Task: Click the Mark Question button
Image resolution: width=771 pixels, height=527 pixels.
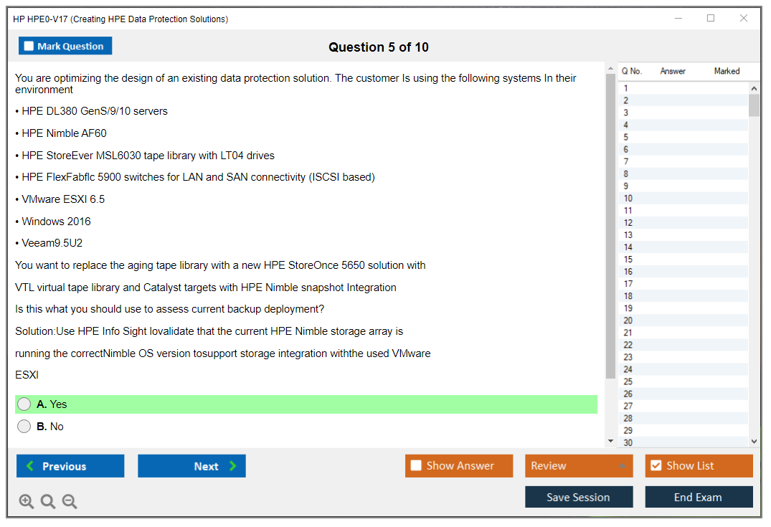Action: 65,46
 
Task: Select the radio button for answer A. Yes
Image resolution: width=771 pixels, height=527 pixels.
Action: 24,404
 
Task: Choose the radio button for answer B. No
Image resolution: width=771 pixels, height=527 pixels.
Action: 24,426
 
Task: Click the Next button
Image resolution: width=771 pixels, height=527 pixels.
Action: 191,465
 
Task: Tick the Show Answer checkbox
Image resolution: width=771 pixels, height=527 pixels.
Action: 416,465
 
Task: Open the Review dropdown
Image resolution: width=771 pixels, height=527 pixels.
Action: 579,465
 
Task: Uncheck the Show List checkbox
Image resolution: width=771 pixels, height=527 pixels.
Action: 656,465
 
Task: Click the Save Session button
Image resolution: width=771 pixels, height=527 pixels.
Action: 579,497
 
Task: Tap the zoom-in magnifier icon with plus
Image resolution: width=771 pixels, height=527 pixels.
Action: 26,501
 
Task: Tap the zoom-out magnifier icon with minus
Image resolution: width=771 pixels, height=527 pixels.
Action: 70,501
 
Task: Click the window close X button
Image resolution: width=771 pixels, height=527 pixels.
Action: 744,18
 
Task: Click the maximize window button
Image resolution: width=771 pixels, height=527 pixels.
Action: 711,18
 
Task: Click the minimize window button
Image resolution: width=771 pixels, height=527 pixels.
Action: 678,18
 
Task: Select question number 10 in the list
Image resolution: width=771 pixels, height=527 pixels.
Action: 628,198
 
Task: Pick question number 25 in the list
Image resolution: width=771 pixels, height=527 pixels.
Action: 628,381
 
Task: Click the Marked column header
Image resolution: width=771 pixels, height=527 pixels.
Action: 727,71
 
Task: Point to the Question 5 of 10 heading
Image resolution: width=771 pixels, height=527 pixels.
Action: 379,47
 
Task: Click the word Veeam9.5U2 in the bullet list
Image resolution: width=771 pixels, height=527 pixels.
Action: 52,243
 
